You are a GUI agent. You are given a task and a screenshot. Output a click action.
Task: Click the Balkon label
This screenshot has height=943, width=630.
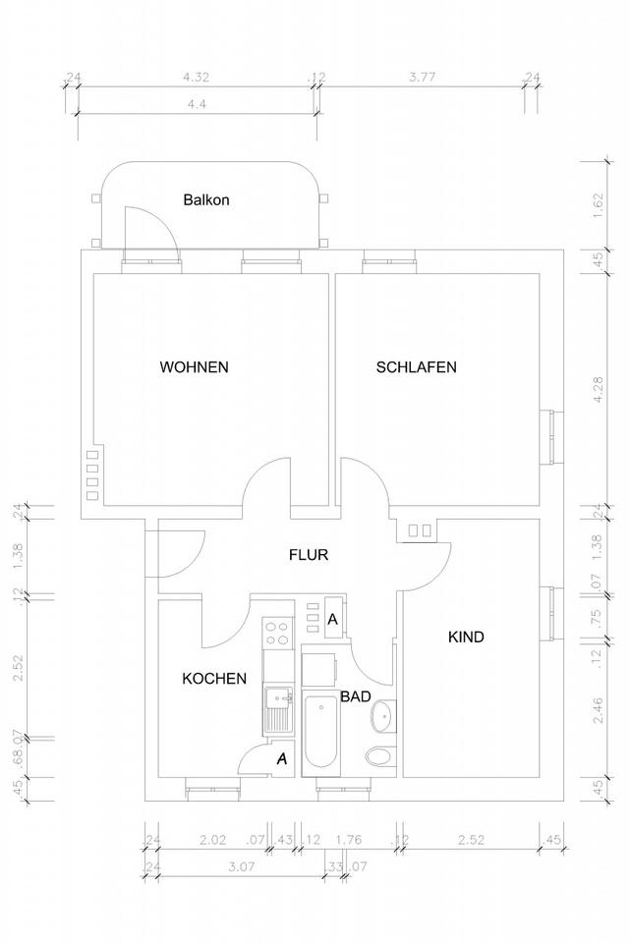click(x=206, y=199)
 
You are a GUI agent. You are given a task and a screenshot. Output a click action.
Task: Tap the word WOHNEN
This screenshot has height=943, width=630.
click(x=195, y=367)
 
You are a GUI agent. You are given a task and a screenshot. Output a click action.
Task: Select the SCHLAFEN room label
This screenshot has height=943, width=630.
click(x=417, y=367)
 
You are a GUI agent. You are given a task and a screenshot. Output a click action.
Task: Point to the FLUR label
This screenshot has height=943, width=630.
click(x=308, y=555)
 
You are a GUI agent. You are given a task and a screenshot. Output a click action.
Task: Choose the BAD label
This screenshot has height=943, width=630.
click(x=355, y=695)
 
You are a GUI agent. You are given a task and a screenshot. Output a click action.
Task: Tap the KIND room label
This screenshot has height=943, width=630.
click(x=466, y=638)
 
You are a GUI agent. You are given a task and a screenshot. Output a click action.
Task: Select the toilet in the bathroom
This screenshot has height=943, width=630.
click(x=376, y=755)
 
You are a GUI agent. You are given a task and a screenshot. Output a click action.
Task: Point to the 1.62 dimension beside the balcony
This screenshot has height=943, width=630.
click(x=598, y=206)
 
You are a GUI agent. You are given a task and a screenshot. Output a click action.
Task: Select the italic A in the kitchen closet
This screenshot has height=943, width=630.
click(x=282, y=758)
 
